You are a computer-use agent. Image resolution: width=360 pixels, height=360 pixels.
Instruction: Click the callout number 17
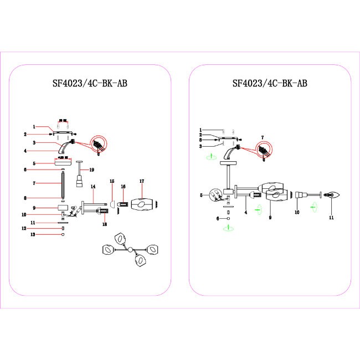pos(142,181)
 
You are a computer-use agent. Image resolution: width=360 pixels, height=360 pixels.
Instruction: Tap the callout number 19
pos(92,169)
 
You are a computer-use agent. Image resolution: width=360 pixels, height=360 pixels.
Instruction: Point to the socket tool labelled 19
pos(79,180)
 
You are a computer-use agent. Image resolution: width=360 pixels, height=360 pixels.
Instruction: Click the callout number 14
pos(94,186)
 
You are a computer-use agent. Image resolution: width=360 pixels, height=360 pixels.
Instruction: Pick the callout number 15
pos(111,181)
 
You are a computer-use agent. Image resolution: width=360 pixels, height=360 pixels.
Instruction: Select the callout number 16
pos(124,187)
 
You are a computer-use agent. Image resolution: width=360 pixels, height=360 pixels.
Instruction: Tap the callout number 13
pos(33,235)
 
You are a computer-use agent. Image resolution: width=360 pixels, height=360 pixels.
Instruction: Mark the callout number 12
pos(33,228)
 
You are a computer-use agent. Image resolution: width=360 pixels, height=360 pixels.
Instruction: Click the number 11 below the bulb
pos(331,218)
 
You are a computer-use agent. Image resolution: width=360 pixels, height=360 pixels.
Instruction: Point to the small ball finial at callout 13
pos(63,235)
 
